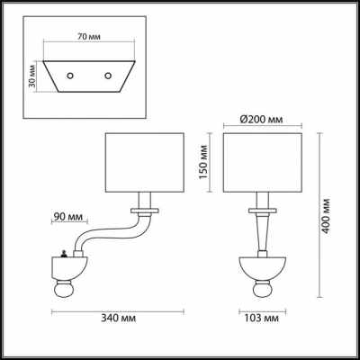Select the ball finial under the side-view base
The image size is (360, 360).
(66, 290)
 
